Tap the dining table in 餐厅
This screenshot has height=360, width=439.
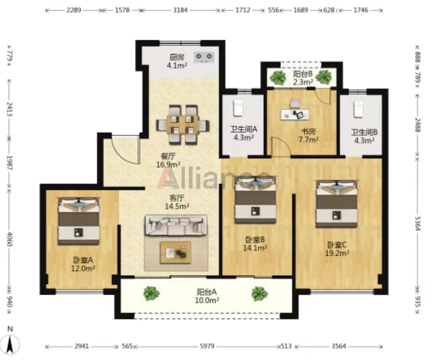182,125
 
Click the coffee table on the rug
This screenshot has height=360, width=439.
176,253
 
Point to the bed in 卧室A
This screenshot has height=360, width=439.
79,221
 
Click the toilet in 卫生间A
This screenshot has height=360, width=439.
238,108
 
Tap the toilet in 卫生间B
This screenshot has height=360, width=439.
358,109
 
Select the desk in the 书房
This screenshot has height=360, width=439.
295,114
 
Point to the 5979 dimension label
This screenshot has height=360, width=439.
207,346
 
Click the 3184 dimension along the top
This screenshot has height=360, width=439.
180,10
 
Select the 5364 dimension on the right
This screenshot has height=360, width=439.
418,223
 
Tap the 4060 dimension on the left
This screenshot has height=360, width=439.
9,239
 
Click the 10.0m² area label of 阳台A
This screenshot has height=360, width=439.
207,300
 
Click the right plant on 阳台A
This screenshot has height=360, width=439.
259,294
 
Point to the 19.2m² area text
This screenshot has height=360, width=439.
337,253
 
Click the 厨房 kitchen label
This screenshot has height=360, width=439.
177,58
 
